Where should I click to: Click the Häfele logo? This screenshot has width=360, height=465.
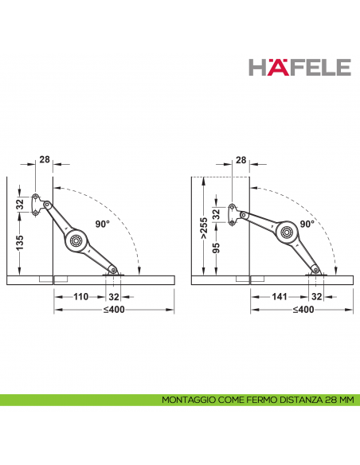(299, 67)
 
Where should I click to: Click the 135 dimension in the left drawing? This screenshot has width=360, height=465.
(20, 243)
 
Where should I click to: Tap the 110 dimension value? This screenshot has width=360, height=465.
(80, 296)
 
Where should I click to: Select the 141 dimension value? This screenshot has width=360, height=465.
(280, 296)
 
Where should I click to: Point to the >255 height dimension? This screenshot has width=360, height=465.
(205, 229)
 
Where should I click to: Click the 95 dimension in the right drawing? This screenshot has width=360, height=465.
(217, 248)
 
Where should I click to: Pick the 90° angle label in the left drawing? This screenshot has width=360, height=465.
(103, 224)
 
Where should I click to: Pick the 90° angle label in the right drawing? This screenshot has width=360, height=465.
(307, 224)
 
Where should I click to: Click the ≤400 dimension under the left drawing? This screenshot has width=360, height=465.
(114, 310)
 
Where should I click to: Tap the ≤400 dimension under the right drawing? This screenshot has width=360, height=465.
(303, 310)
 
